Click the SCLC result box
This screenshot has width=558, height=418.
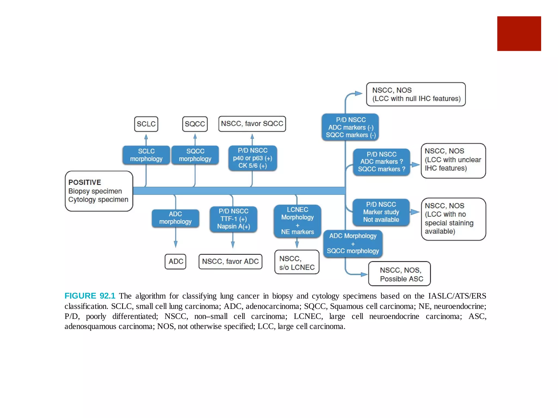click(x=146, y=124)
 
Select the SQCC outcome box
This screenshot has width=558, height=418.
click(x=195, y=124)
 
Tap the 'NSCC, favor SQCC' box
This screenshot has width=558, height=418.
click(x=252, y=124)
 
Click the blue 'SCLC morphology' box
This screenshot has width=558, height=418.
click(x=146, y=155)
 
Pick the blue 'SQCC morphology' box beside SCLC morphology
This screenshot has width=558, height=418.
click(x=195, y=155)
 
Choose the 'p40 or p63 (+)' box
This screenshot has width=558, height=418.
click(x=253, y=158)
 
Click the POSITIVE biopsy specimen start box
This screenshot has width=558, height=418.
click(x=99, y=191)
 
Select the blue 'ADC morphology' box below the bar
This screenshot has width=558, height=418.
click(x=175, y=218)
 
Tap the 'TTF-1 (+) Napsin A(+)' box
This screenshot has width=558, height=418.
click(x=233, y=219)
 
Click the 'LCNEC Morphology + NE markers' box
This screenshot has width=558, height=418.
click(x=298, y=221)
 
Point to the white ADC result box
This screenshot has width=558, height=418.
click(x=175, y=262)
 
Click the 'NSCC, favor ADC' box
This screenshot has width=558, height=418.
click(x=231, y=262)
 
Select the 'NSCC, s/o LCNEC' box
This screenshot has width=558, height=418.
click(x=297, y=262)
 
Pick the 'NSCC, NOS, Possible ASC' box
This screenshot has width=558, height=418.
click(x=399, y=274)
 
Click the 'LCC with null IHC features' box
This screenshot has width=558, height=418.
click(x=416, y=94)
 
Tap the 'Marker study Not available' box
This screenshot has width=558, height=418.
click(x=381, y=212)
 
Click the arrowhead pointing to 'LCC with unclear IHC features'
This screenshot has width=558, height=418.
click(x=416, y=165)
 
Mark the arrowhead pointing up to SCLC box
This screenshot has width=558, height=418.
click(x=146, y=136)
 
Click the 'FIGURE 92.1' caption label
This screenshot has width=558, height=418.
click(x=90, y=296)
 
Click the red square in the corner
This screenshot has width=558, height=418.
click(x=519, y=33)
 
